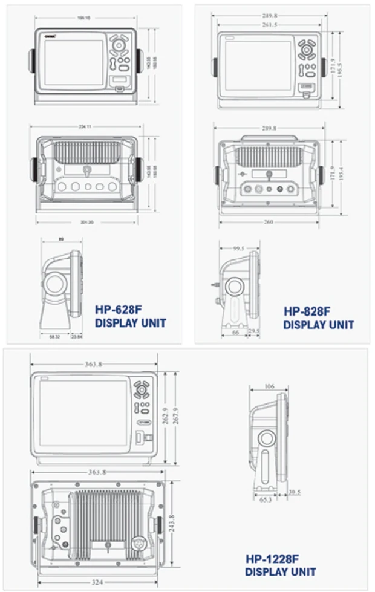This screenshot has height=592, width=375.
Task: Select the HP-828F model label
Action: pyautogui.click(x=307, y=311)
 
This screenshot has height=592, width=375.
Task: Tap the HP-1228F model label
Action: pyautogui.click(x=272, y=559)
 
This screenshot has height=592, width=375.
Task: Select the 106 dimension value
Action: pyautogui.click(x=270, y=386)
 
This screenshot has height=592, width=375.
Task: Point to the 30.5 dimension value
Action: pyautogui.click(x=295, y=492)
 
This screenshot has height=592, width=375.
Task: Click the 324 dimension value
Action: pyautogui.click(x=97, y=582)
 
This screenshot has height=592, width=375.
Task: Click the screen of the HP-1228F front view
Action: pyautogui.click(x=83, y=412)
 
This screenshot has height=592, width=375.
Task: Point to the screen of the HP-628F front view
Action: pyautogui.click(x=74, y=62)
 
